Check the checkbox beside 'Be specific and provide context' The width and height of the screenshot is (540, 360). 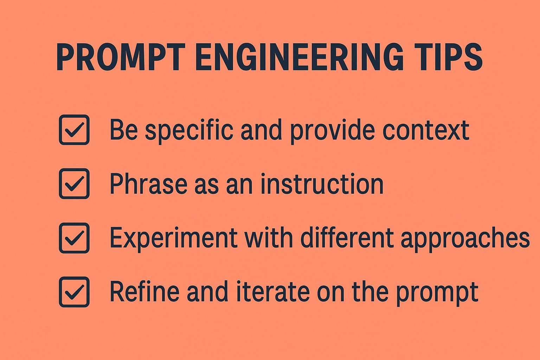74,130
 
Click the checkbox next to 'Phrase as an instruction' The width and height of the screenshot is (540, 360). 74,184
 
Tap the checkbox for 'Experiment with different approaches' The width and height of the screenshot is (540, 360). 74,238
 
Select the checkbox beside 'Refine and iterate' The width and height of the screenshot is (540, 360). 74,292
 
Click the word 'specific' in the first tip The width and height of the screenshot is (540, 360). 189,130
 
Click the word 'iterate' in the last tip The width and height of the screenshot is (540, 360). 272,292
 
